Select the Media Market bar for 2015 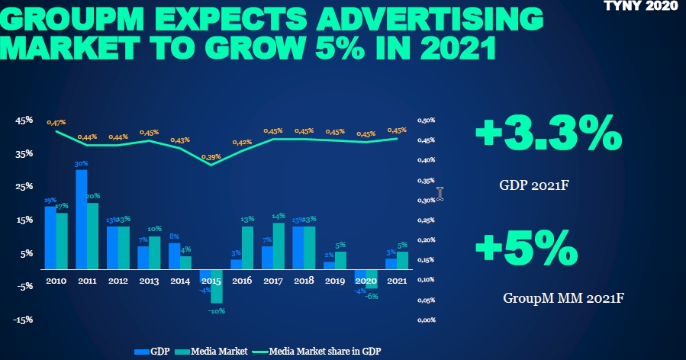pos(217,286)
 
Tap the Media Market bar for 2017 pos(279,246)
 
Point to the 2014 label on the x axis pos(180,281)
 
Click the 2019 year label pos(335,281)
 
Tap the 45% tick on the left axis pos(24,121)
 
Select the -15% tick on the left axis pos(24,320)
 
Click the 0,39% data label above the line pos(211,157)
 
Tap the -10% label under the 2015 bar pos(217,310)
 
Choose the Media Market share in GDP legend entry pos(320,352)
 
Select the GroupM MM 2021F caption pos(564,297)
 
